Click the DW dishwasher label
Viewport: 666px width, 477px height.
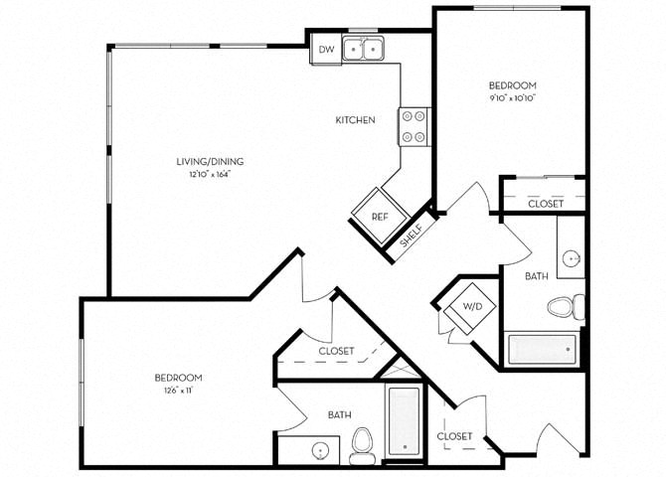(x=325, y=49)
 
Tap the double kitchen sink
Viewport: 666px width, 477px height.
(x=364, y=48)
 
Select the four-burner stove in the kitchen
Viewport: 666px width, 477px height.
(x=414, y=126)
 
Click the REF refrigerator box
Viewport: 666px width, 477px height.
(x=380, y=216)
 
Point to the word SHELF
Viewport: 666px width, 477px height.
(x=410, y=236)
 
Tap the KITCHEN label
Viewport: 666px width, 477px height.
(x=355, y=120)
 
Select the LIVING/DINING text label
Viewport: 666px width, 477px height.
(x=210, y=161)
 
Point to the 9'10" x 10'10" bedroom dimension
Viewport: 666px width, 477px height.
(x=512, y=99)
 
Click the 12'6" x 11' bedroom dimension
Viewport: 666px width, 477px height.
(x=179, y=392)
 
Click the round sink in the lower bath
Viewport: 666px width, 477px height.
(x=320, y=450)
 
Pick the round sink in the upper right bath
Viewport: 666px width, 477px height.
(x=572, y=260)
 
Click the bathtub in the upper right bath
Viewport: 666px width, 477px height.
(x=542, y=350)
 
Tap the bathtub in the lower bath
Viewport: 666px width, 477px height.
(x=405, y=421)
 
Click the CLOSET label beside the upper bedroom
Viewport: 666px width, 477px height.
(x=546, y=203)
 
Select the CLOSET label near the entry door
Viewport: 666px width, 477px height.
(x=454, y=436)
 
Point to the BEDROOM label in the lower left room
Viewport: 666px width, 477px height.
(x=179, y=378)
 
